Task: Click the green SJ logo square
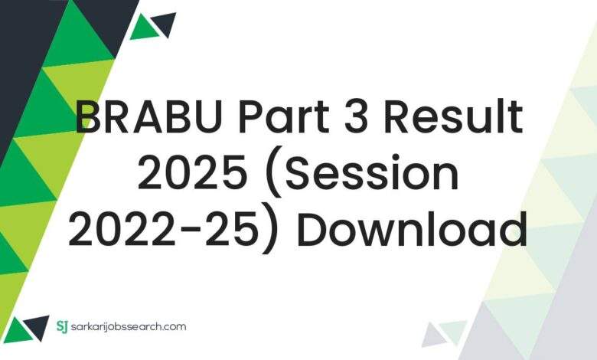pos(63,327)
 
